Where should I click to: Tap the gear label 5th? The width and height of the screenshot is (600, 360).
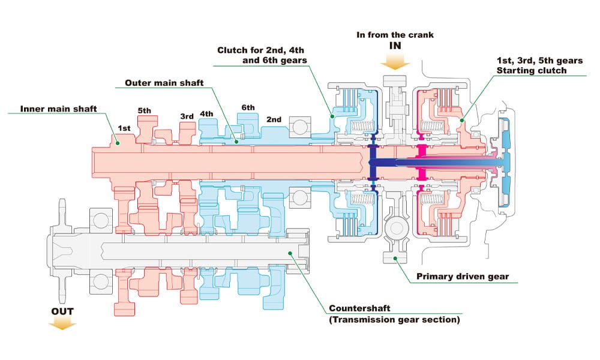pyautogui.click(x=145, y=111)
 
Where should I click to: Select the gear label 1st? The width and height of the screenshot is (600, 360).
pyautogui.click(x=124, y=128)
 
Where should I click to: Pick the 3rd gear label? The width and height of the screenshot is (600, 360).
pyautogui.click(x=187, y=116)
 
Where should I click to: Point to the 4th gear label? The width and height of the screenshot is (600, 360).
pyautogui.click(x=206, y=113)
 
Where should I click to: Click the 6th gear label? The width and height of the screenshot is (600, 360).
pyautogui.click(x=248, y=107)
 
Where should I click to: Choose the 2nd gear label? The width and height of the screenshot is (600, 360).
pyautogui.click(x=274, y=119)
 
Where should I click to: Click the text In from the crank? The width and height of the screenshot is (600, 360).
pyautogui.click(x=395, y=35)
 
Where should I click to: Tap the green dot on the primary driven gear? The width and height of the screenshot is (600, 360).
pyautogui.click(x=395, y=258)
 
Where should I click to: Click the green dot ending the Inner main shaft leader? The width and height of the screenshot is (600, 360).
pyautogui.click(x=118, y=142)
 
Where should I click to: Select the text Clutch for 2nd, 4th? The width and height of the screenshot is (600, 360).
pyautogui.click(x=263, y=50)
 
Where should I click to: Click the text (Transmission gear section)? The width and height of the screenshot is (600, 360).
pyautogui.click(x=394, y=320)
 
